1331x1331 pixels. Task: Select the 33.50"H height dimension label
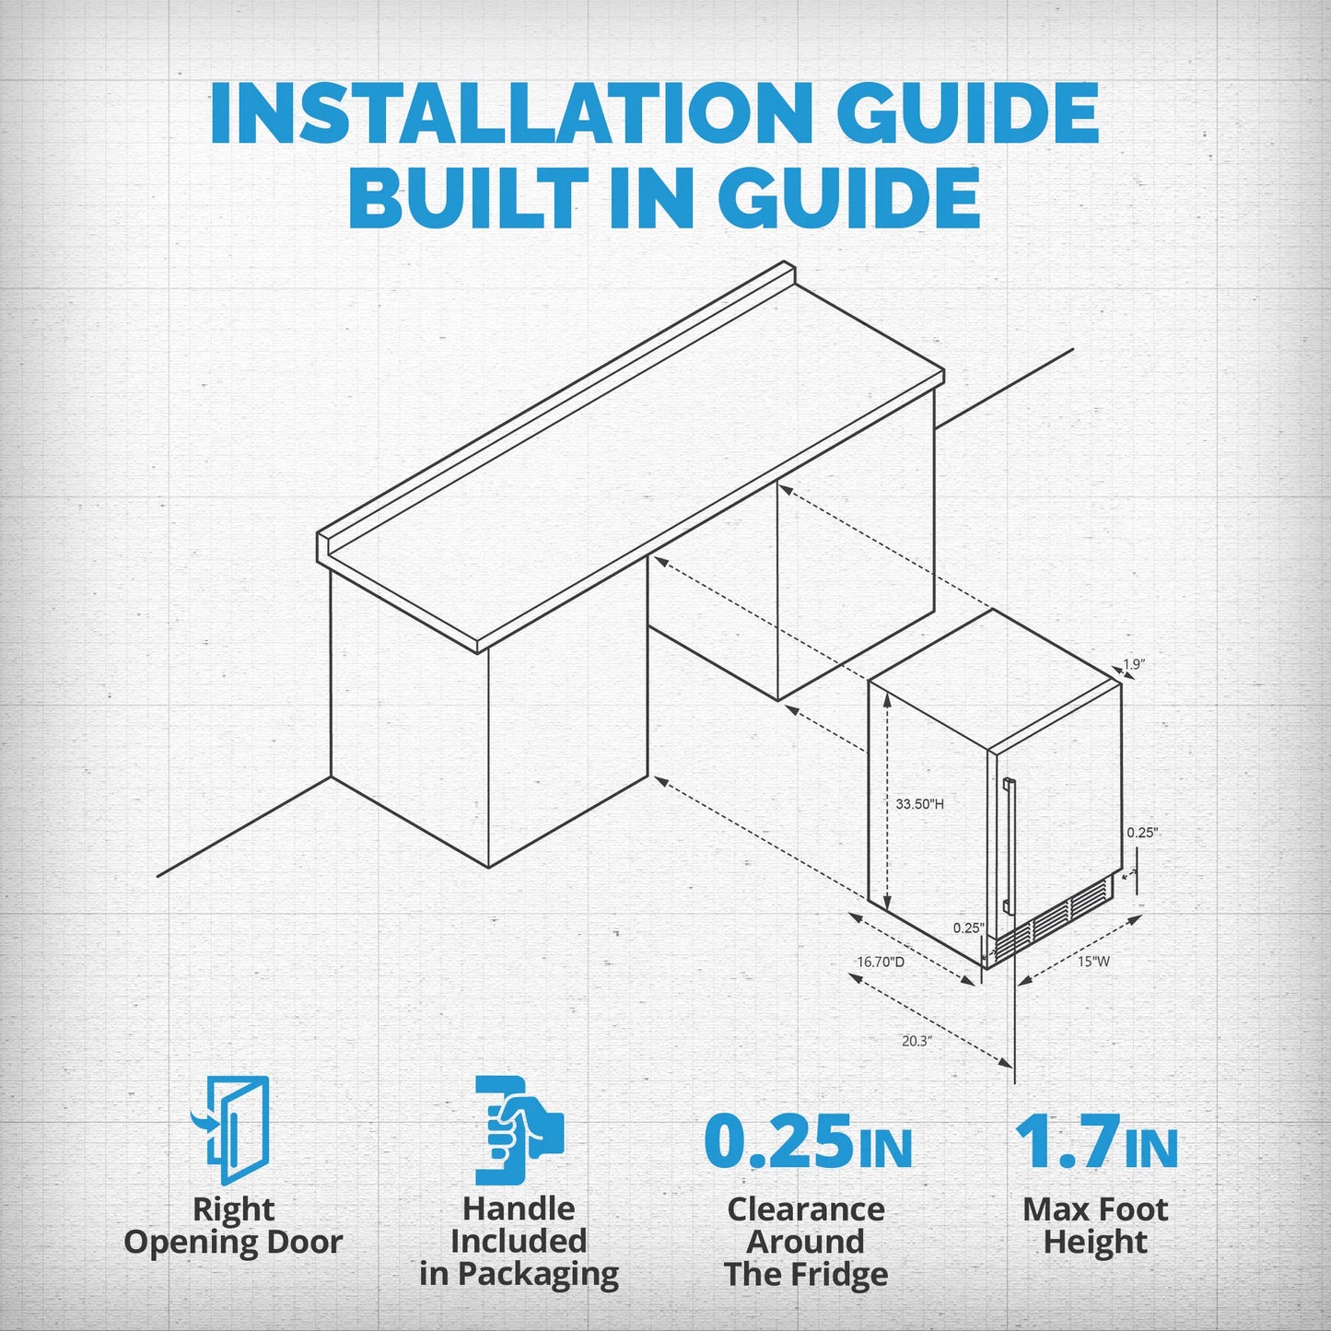tap(919, 804)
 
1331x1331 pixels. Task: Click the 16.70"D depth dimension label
tap(881, 962)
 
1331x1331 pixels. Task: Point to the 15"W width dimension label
tap(1094, 961)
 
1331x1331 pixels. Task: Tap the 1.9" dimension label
tap(1134, 664)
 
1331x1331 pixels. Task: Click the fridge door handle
tap(1009, 844)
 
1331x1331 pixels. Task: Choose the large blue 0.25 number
tap(778, 1142)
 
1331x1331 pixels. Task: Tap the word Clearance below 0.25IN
tap(806, 1209)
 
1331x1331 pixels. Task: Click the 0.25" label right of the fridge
tap(1142, 833)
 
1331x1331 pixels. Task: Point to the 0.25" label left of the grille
tap(968, 928)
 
